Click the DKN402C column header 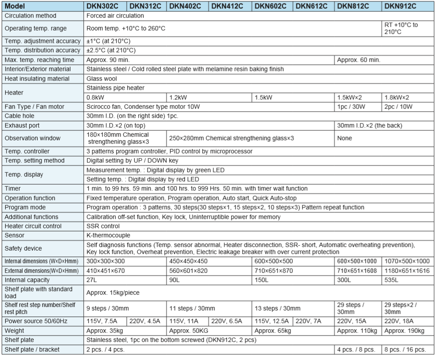185,6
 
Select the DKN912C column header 399,6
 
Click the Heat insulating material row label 37,79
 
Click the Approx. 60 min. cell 356,59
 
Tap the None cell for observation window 345,138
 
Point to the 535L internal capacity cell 392,280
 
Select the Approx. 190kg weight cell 404,331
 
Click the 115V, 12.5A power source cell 272,321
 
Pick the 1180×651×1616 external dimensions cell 407,271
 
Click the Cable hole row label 20,116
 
